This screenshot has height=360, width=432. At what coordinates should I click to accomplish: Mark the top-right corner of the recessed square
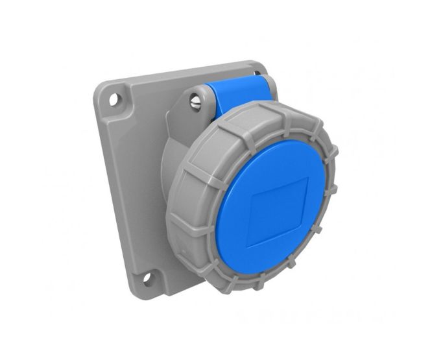tap(309, 180)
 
